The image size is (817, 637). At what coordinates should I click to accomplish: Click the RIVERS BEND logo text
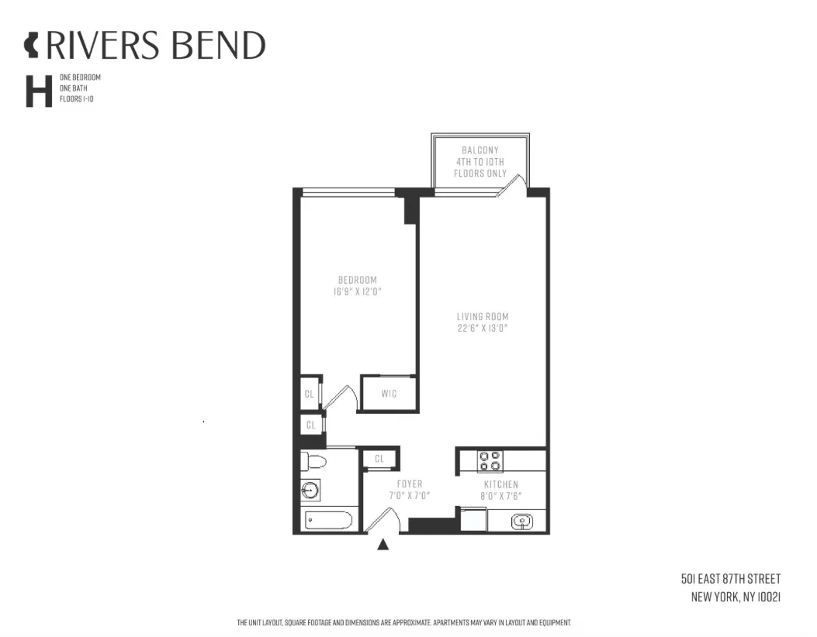point(155,46)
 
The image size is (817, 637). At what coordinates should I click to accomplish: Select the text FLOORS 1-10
point(76,100)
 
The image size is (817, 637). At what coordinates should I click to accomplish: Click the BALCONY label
point(480,150)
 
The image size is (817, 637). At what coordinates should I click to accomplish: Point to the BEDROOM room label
point(357,280)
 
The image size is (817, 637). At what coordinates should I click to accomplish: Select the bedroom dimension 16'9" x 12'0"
point(357,292)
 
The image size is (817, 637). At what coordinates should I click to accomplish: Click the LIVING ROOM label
point(482,316)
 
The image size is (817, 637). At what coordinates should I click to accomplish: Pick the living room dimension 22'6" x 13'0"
point(482,329)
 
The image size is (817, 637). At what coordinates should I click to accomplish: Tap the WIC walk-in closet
point(389,394)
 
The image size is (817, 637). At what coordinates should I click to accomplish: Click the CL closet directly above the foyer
point(379,459)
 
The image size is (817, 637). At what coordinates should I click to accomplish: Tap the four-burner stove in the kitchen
point(490,461)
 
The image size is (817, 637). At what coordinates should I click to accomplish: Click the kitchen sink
point(522,522)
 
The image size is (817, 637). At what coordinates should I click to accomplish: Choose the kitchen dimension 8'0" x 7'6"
point(500,496)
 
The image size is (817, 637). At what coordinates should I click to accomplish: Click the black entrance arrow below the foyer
point(383,544)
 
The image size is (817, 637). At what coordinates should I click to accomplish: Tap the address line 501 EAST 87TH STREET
point(730,579)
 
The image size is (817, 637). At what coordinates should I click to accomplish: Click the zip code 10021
point(763,597)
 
